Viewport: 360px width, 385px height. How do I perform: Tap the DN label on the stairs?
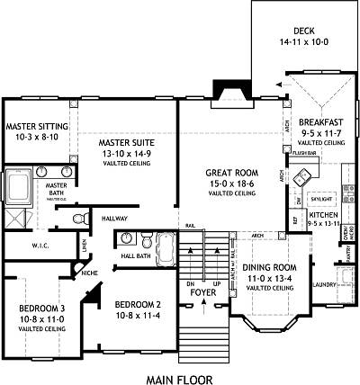click(x=190, y=282)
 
